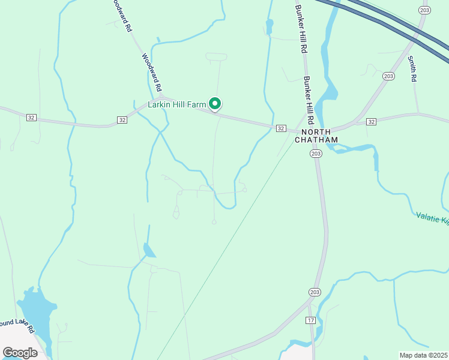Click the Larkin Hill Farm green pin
215,104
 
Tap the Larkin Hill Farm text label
178,104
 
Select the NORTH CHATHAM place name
316,136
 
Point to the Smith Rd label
412,69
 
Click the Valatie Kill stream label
432,218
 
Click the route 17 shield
310,320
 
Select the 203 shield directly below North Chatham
316,154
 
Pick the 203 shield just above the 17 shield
315,292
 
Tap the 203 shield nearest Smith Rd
388,75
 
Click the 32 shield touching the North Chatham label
280,128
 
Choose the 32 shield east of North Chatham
371,122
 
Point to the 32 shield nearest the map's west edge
31,118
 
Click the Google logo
20,352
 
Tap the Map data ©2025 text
423,355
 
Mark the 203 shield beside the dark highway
425,10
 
